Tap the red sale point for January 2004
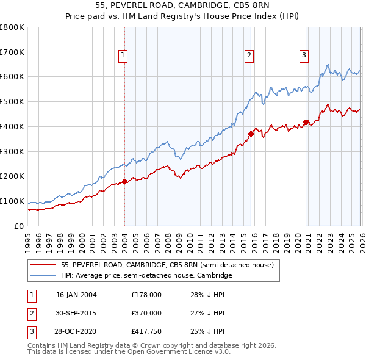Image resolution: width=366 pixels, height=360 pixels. tap(124, 181)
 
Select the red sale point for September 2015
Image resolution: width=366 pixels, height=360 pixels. tap(251, 134)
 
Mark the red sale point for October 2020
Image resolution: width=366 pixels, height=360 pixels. tap(306, 121)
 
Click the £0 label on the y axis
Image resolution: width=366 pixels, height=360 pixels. tap(20, 226)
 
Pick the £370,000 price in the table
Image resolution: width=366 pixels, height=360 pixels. tap(146, 313)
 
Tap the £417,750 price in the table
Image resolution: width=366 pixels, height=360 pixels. tap(146, 331)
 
